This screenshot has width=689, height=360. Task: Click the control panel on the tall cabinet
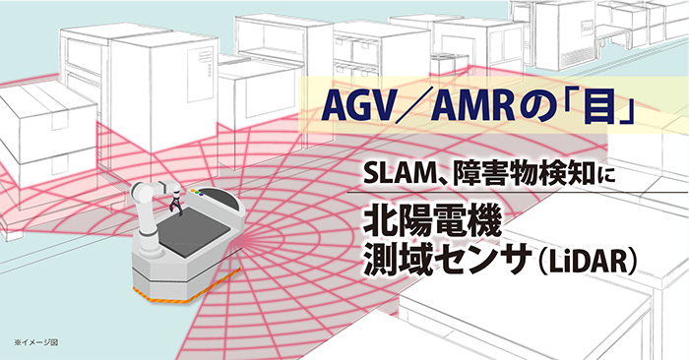tap(587, 30)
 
